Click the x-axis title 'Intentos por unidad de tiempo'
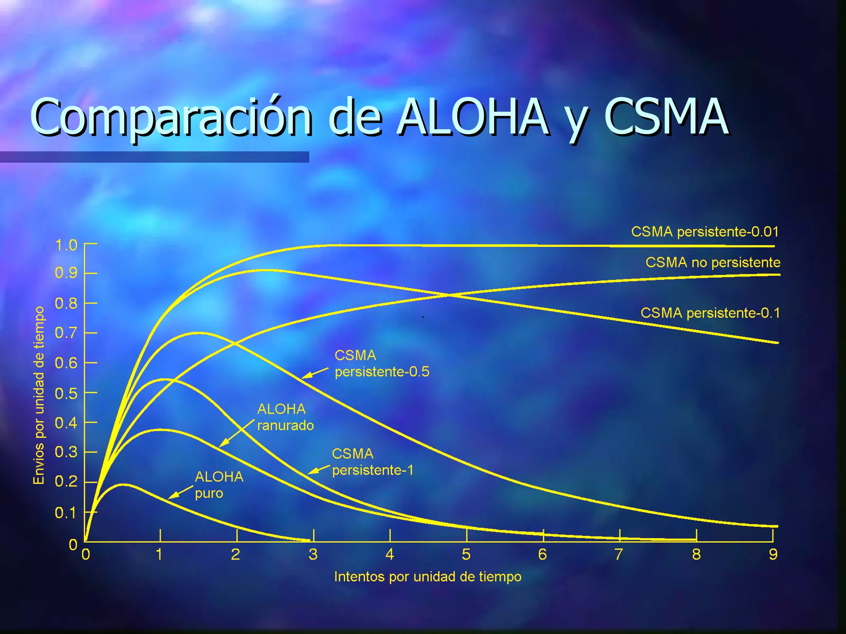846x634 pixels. pyautogui.click(x=428, y=577)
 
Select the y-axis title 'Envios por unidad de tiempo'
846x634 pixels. pyautogui.click(x=39, y=395)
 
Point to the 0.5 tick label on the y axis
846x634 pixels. pyautogui.click(x=66, y=393)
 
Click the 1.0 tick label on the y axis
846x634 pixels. pyautogui.click(x=66, y=245)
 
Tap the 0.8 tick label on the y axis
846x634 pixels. pyautogui.click(x=66, y=304)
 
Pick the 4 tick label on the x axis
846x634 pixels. pyautogui.click(x=390, y=554)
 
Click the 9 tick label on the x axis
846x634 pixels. pyautogui.click(x=773, y=554)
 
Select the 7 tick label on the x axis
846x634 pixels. pyautogui.click(x=618, y=554)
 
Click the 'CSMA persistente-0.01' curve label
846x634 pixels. pyautogui.click(x=705, y=232)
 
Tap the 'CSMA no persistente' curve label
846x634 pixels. pyautogui.click(x=713, y=263)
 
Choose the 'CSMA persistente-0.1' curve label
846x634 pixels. pyautogui.click(x=710, y=313)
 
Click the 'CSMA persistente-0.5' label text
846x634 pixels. pyautogui.click(x=382, y=364)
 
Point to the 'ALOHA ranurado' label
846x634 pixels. pyautogui.click(x=285, y=417)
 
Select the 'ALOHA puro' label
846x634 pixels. pyautogui.click(x=219, y=485)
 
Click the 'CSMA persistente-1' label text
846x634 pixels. pyautogui.click(x=372, y=462)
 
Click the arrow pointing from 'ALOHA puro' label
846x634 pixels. pyautogui.click(x=180, y=493)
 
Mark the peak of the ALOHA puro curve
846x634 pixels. pyautogui.click(x=123, y=485)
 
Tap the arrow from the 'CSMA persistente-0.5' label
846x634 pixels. pyautogui.click(x=315, y=373)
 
